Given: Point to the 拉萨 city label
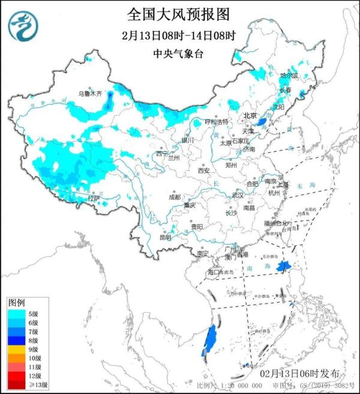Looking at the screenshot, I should (93, 197).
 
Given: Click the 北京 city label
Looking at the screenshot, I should (250, 116).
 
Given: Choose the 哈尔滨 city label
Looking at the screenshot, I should (289, 76).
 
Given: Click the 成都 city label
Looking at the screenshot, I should (174, 196).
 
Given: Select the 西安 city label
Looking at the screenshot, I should (203, 171).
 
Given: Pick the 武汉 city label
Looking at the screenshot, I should (238, 196).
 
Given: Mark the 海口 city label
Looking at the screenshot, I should (214, 272).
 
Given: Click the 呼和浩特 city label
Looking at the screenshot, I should (216, 121).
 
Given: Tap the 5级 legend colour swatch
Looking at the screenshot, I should (17, 312).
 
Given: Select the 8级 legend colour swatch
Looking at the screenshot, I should (17, 339).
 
